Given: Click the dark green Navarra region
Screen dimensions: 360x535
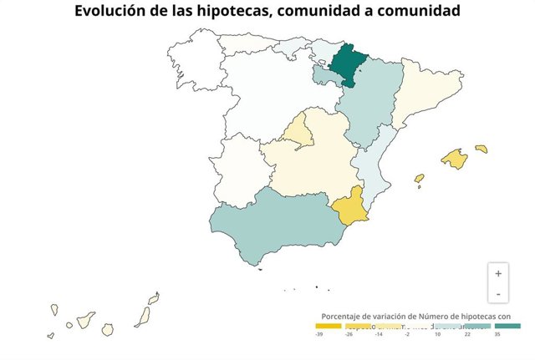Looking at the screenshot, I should click(x=345, y=63).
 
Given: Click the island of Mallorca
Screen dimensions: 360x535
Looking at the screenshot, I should click(x=454, y=158).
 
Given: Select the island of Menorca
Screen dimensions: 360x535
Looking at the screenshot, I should click(x=481, y=149).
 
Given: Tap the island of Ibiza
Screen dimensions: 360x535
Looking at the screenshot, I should click(x=419, y=178).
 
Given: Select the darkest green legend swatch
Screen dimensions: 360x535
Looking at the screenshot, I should click(x=507, y=326).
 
